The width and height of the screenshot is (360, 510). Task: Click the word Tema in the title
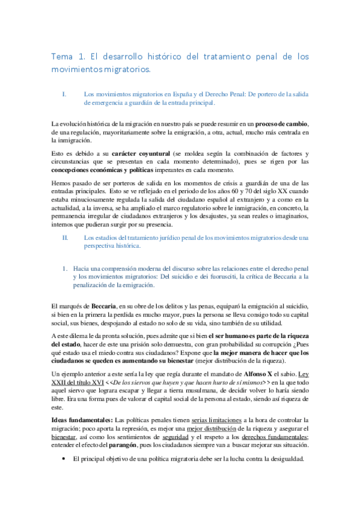[62, 57]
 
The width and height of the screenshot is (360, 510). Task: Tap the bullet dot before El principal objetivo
[64, 459]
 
